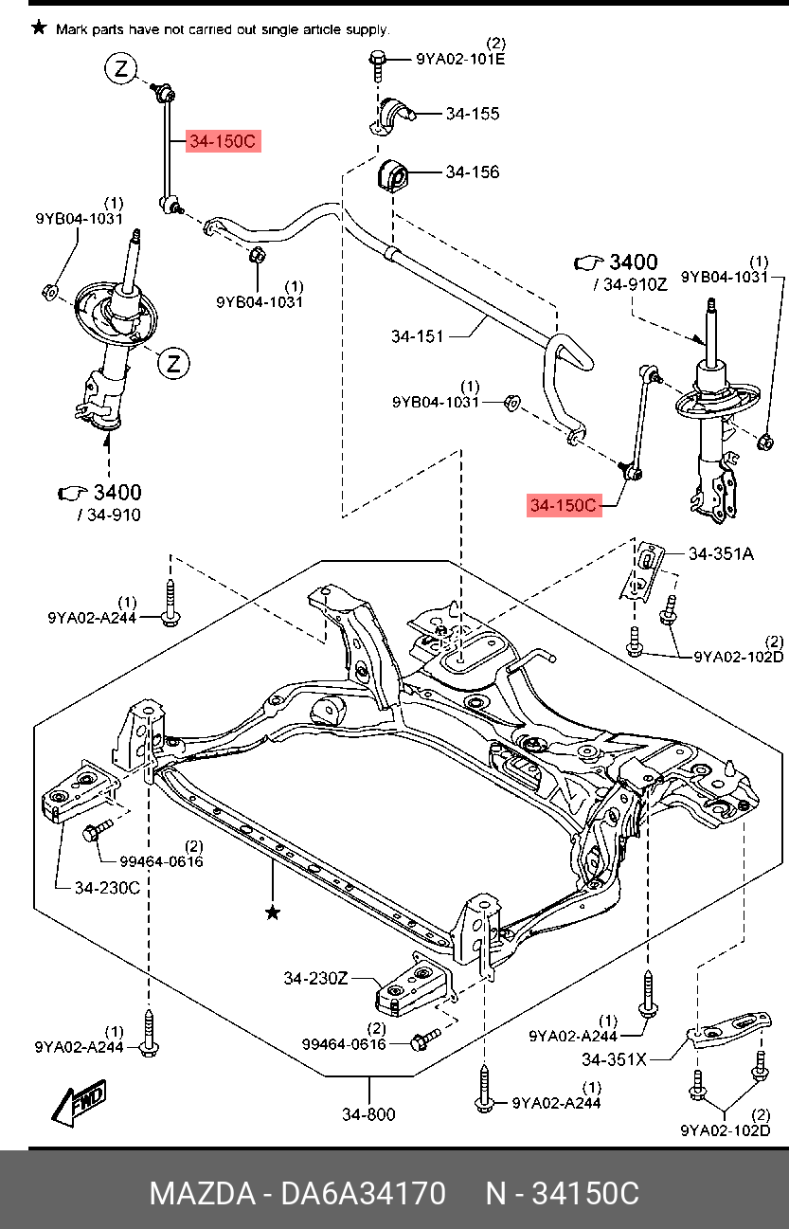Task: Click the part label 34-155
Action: tap(473, 114)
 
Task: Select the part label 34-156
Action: tap(473, 172)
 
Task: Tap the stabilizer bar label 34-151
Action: tap(418, 335)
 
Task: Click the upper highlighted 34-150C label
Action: tap(222, 142)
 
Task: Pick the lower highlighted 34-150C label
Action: tap(564, 506)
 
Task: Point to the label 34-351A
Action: tap(721, 553)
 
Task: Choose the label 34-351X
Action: tap(614, 1059)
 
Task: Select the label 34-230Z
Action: tap(315, 977)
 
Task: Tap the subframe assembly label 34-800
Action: tap(368, 1114)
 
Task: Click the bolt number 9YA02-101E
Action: tap(460, 59)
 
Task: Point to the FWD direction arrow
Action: tap(79, 1104)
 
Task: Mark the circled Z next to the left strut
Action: tap(174, 363)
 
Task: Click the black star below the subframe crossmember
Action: tap(273, 913)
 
